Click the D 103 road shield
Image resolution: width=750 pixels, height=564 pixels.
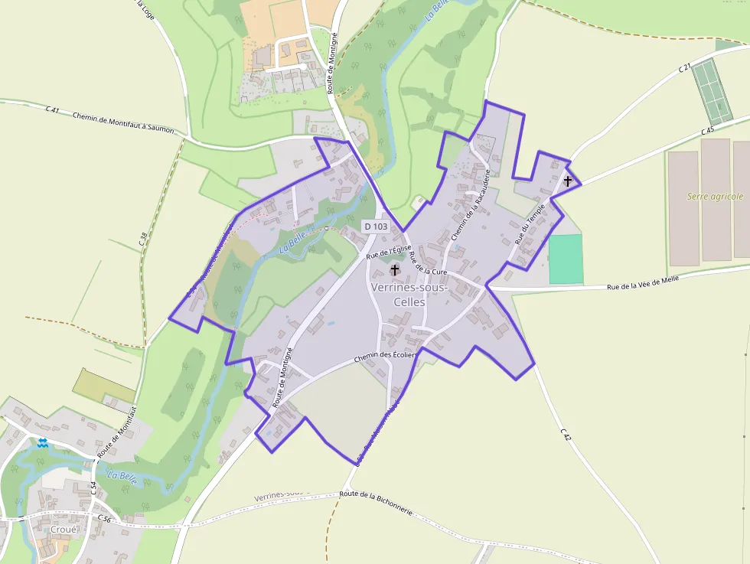click(376, 227)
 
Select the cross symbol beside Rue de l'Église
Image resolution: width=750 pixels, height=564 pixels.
click(396, 269)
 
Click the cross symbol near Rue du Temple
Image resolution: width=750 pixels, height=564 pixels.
click(568, 181)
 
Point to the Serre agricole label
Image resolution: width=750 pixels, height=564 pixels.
click(715, 197)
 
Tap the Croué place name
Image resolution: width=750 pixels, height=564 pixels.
click(63, 530)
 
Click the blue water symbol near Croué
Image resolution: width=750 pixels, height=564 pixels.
click(43, 442)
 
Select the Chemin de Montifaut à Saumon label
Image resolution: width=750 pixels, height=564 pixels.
click(123, 122)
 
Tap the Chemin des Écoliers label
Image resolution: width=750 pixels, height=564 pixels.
click(385, 356)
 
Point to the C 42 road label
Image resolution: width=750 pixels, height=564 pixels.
click(566, 435)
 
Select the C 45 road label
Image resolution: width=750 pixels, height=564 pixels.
click(708, 130)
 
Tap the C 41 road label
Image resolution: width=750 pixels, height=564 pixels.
click(53, 110)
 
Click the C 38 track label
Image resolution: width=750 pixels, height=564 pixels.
click(143, 238)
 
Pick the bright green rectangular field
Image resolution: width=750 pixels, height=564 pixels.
click(566, 259)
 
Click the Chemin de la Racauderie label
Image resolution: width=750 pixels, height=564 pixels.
click(470, 206)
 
